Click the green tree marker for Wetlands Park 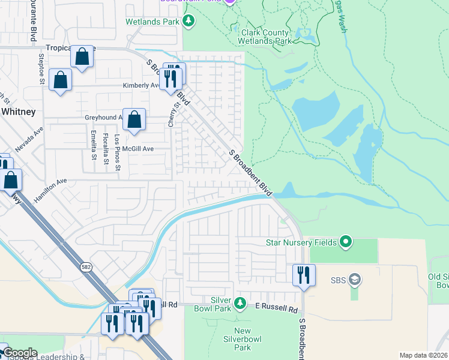pos(189,22)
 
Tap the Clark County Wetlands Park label pos(265,37)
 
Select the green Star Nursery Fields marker pos(345,242)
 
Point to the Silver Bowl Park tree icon pos(240,303)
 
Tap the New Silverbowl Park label pos(243,339)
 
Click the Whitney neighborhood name pos(18,112)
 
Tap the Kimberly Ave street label pos(140,85)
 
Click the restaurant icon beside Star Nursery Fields pos(304,275)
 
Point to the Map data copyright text pos(423,355)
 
